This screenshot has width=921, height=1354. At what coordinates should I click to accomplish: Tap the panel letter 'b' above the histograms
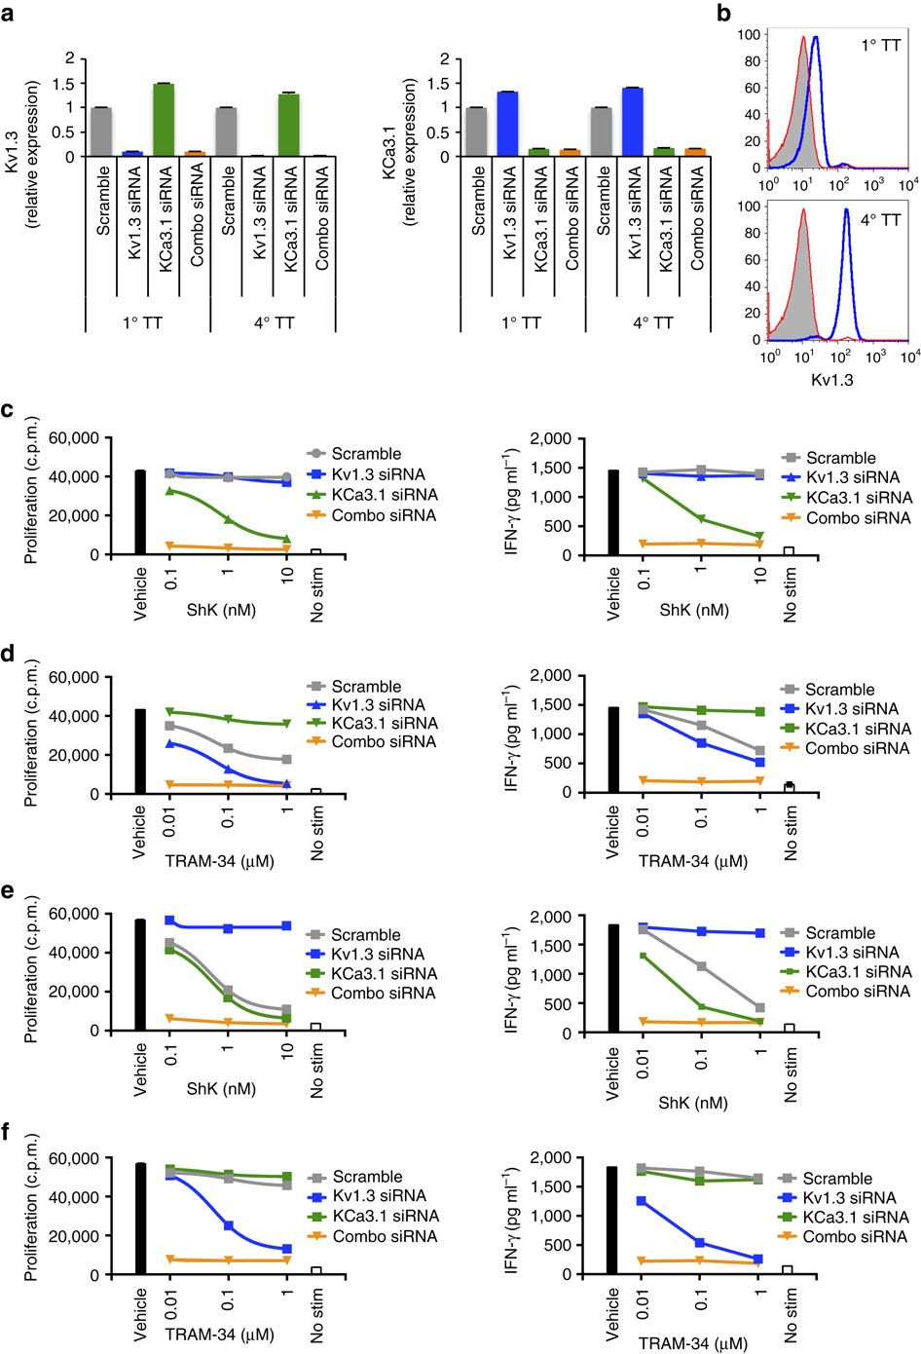coord(724,14)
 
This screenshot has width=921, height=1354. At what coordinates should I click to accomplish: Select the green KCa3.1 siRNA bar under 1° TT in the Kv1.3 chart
coord(163,120)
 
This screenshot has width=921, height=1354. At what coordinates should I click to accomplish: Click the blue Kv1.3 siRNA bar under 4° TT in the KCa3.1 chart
coord(633,122)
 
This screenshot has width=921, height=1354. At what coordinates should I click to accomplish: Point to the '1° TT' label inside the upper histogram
coord(880,45)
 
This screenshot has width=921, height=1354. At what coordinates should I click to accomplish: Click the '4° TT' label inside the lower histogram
coord(880,220)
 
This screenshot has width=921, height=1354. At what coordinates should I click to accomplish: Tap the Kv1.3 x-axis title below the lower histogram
coord(831,380)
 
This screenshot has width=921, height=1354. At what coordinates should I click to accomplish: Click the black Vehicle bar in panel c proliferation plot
coord(139,512)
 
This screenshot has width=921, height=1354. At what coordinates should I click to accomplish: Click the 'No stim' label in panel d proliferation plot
coord(317,832)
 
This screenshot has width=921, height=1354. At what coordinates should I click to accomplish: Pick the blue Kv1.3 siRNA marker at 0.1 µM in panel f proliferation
coord(229,1225)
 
